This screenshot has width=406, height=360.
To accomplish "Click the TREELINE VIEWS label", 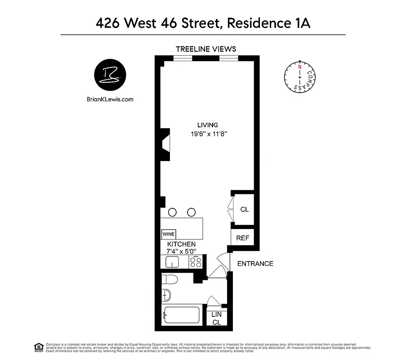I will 206,49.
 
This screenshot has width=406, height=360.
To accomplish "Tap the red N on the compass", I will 299,67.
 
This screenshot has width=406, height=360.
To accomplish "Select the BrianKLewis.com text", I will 110,100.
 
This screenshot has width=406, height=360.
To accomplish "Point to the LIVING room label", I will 208,125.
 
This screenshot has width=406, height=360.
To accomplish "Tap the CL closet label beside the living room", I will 245,210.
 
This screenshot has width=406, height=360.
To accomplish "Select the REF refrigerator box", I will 243,238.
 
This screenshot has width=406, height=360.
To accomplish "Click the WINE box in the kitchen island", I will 169,234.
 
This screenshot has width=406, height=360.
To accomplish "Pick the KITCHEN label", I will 182,244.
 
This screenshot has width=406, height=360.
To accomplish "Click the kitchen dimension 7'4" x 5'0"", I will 182,252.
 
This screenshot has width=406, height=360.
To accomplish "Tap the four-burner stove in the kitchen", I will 196,262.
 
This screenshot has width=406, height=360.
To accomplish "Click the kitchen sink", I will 172,262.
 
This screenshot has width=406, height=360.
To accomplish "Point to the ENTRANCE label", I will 255,264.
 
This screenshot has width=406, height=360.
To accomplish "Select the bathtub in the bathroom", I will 183,315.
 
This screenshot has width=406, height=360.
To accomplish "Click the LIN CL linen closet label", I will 217,318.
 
